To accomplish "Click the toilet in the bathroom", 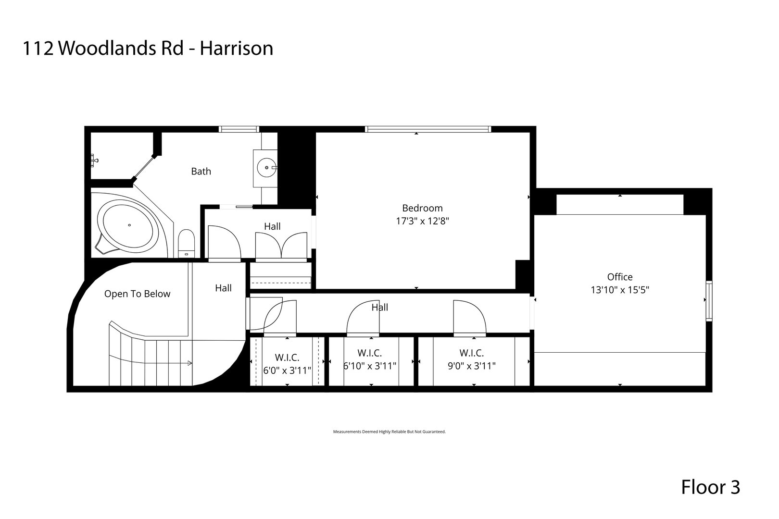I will (x=186, y=243).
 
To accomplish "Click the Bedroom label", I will (x=422, y=208).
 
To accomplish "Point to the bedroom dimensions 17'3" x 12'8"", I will (x=422, y=221).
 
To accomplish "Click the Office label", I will (x=620, y=277).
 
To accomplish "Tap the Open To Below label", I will (x=137, y=294).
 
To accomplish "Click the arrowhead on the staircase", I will (x=190, y=363).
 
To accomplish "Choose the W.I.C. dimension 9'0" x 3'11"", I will (x=471, y=366).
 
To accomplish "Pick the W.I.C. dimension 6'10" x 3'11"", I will (x=370, y=366).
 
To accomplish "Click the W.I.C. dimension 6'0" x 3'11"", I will (x=288, y=371).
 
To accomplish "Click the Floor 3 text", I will (x=710, y=487).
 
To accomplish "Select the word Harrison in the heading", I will (x=237, y=48).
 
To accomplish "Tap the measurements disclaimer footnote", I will (x=389, y=432).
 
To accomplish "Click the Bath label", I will (x=201, y=171).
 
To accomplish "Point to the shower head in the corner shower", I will (x=95, y=160).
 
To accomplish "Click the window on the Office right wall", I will (x=709, y=301).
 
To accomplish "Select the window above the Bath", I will (x=239, y=129).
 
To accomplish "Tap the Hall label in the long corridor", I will (x=379, y=307).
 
